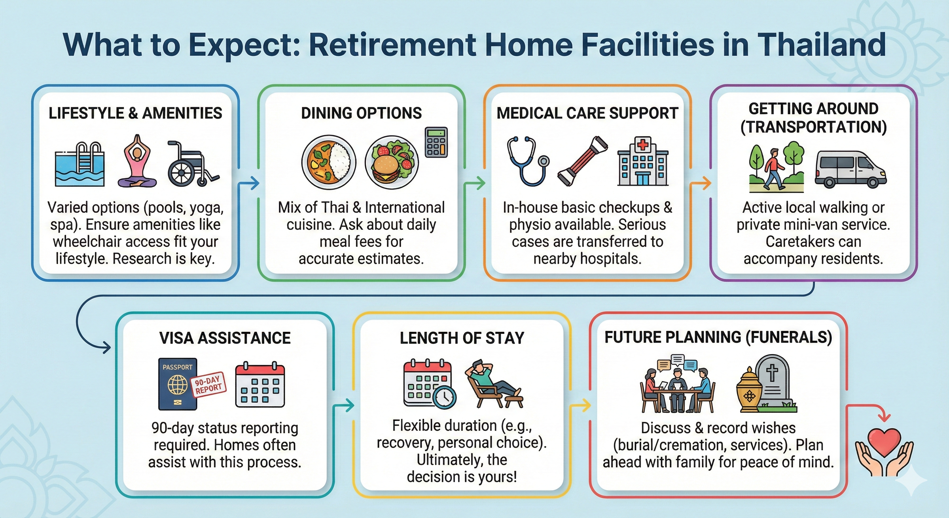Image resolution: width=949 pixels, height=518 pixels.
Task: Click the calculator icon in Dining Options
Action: pyautogui.click(x=436, y=142)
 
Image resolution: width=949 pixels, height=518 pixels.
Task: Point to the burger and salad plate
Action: pyautogui.click(x=392, y=163)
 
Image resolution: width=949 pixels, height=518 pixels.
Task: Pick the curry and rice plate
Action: pyautogui.click(x=329, y=163)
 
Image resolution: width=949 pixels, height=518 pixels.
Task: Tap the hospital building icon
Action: pyautogui.click(x=643, y=161)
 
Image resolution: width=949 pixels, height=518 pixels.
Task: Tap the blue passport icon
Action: pyautogui.click(x=178, y=384)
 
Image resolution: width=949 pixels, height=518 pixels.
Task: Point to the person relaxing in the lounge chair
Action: pyautogui.click(x=494, y=383)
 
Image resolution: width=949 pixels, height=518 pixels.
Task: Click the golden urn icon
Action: pyautogui.click(x=749, y=390)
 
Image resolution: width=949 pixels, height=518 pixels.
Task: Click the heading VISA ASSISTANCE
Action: pyautogui.click(x=225, y=338)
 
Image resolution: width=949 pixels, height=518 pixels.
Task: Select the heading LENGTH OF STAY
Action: pyautogui.click(x=462, y=338)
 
